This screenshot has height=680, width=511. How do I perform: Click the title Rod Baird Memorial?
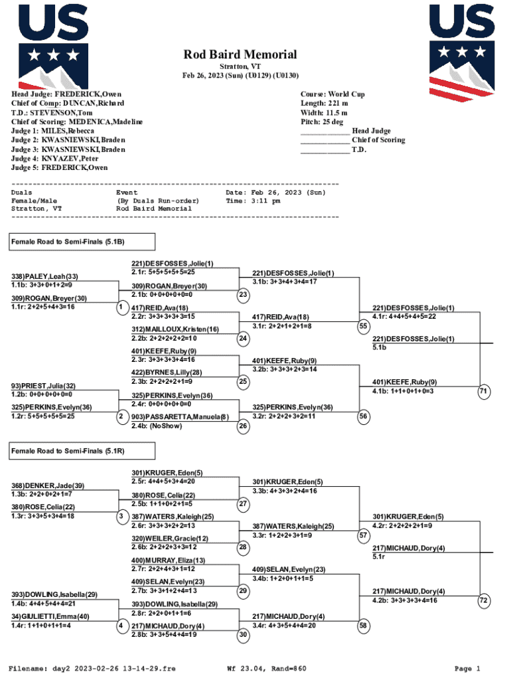[x=240, y=54]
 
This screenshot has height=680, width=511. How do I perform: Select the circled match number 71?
[x=484, y=391]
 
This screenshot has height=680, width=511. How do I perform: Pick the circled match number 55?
[x=363, y=326]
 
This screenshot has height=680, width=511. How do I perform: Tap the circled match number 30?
[x=244, y=634]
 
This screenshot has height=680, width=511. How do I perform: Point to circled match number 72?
[x=484, y=600]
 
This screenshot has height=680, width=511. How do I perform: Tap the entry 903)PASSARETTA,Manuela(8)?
[x=180, y=416]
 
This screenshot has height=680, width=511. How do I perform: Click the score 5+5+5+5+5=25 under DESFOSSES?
[x=163, y=272]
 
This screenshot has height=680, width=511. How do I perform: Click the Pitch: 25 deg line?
[x=322, y=122]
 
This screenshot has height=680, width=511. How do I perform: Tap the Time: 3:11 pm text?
[x=253, y=201]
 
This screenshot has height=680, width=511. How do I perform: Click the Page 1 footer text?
[x=467, y=668]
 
